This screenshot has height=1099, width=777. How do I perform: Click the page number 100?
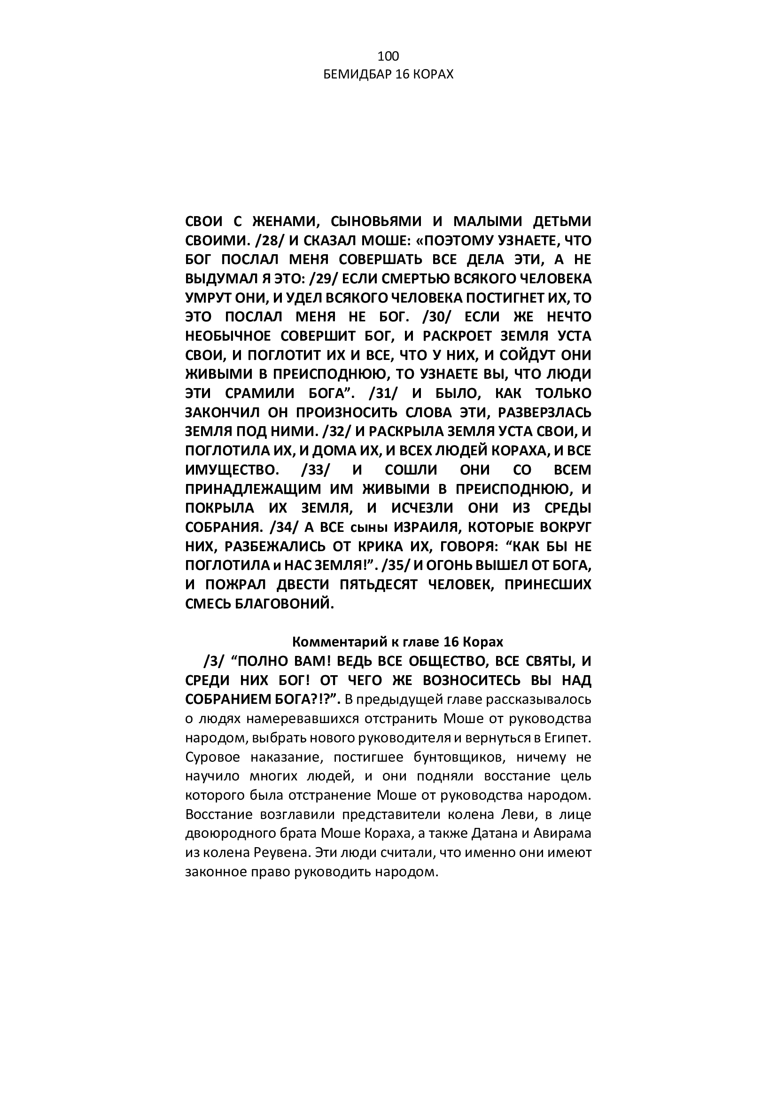pyautogui.click(x=388, y=57)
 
